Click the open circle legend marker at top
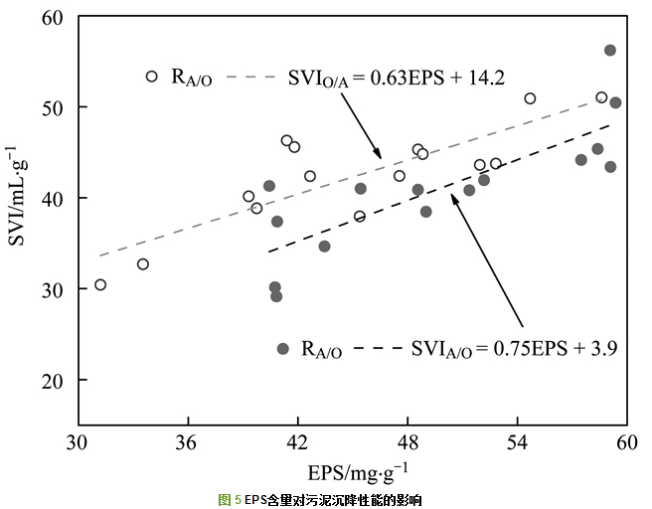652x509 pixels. [x=152, y=77]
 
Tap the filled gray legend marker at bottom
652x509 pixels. [x=283, y=349]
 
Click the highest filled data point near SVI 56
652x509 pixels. [x=610, y=51]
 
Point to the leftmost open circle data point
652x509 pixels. [x=100, y=285]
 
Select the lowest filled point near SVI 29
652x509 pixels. [x=276, y=296]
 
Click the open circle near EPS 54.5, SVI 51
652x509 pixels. [x=530, y=98]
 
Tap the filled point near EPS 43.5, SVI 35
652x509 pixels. [x=324, y=247]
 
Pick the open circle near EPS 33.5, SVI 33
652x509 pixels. [x=143, y=264]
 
